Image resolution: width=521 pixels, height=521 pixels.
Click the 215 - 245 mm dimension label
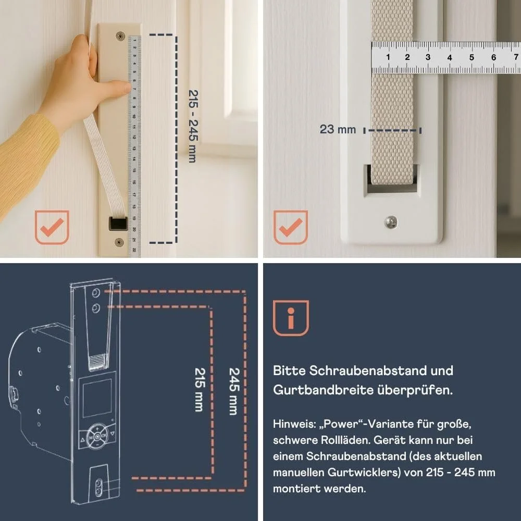(x=192, y=126)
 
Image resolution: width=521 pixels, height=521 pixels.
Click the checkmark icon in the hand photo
(x=52, y=227)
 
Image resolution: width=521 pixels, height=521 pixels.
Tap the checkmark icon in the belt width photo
(x=291, y=227)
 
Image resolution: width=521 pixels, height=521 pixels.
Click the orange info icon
(x=291, y=317)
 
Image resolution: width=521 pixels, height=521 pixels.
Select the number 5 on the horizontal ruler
(x=472, y=57)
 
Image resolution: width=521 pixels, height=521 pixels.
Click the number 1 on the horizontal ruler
(x=388, y=57)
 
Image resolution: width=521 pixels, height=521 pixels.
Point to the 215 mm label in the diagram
(x=199, y=390)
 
